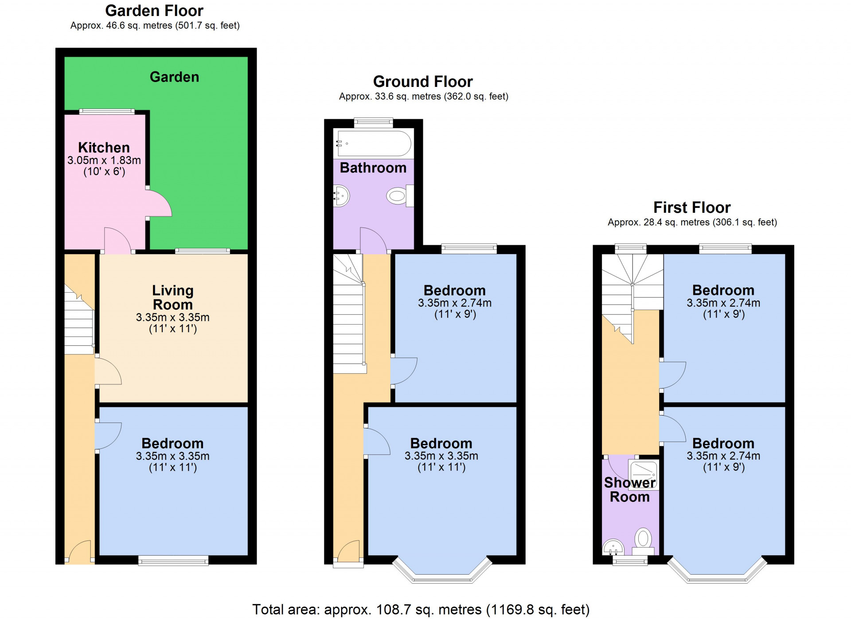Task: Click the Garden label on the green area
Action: (x=174, y=77)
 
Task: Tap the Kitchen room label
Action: (x=104, y=147)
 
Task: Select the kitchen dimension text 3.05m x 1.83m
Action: (x=104, y=160)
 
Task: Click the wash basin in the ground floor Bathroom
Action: (x=342, y=196)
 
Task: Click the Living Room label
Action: (x=172, y=298)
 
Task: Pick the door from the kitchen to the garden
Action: (x=159, y=204)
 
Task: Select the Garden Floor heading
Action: (x=154, y=10)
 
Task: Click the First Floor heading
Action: (x=691, y=207)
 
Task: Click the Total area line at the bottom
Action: (x=421, y=609)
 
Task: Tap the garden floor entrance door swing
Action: (x=80, y=551)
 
